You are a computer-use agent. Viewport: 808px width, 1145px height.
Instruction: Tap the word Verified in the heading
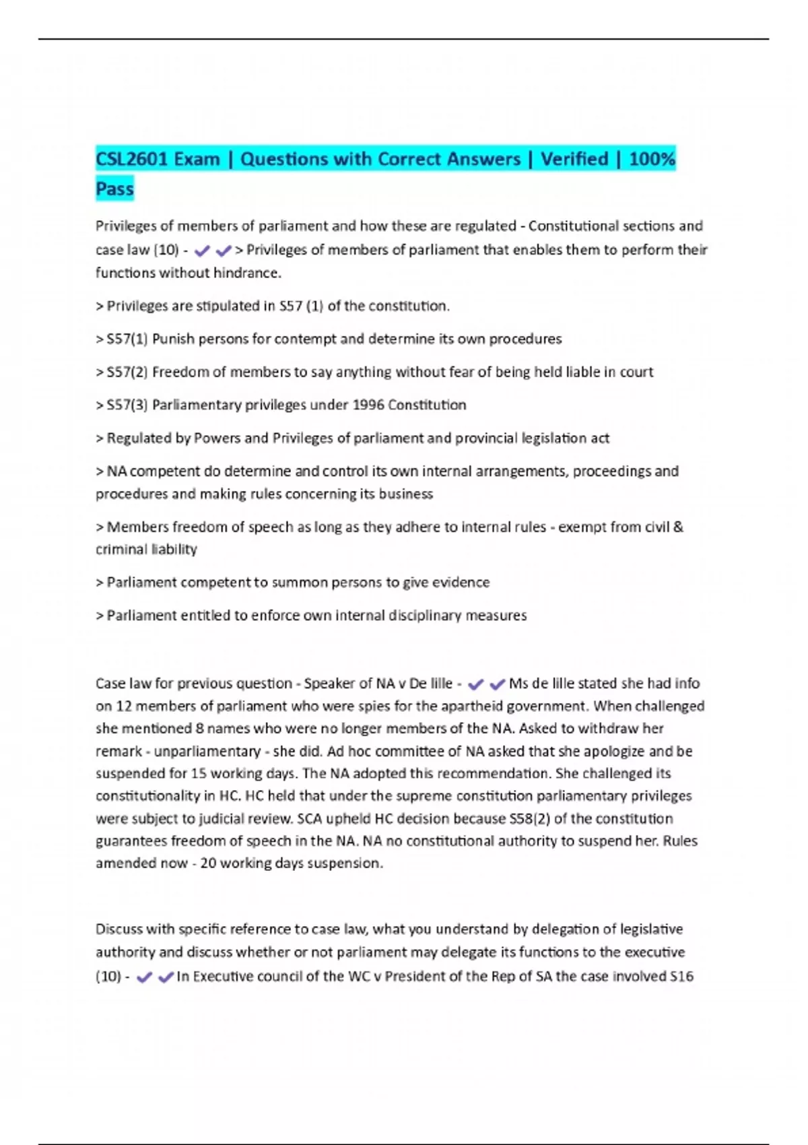click(x=574, y=159)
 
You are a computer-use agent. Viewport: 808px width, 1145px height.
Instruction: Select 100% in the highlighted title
click(x=652, y=159)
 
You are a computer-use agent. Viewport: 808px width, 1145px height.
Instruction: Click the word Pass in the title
click(x=114, y=189)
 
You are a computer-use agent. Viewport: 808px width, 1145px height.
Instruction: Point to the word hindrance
click(x=246, y=273)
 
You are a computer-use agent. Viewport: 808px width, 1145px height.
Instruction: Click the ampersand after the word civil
click(x=678, y=527)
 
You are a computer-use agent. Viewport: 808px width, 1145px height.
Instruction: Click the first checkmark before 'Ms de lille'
click(x=475, y=684)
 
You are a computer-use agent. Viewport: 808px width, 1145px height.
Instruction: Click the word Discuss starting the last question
click(x=119, y=929)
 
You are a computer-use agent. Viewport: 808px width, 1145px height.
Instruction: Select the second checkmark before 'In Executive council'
click(x=166, y=977)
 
